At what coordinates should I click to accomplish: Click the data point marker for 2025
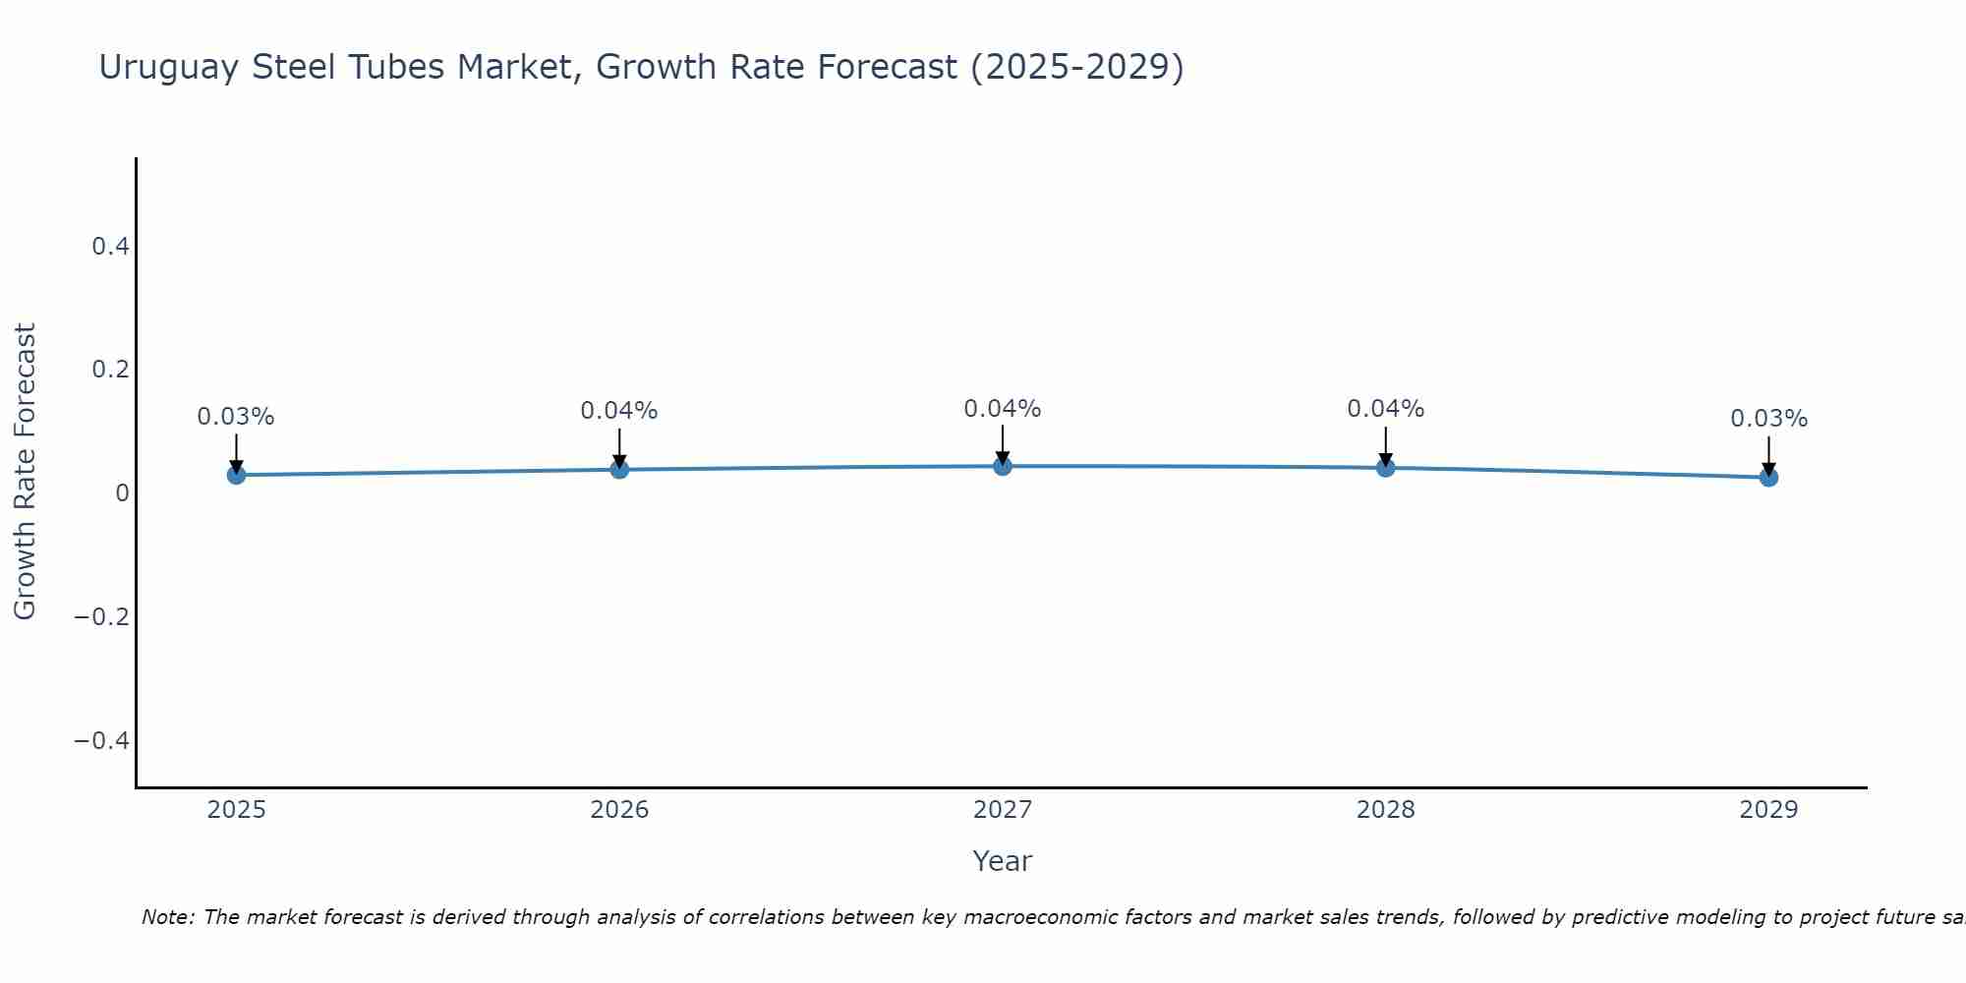pyautogui.click(x=236, y=475)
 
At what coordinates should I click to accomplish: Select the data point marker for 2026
pyautogui.click(x=619, y=469)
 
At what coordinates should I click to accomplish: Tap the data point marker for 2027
pyautogui.click(x=1003, y=466)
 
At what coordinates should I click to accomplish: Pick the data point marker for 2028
pyautogui.click(x=1385, y=467)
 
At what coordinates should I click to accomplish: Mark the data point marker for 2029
pyautogui.click(x=1768, y=477)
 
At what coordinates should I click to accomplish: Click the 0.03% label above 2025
pyautogui.click(x=236, y=417)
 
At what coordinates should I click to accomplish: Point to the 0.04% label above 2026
pyautogui.click(x=619, y=411)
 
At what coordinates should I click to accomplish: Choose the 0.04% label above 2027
pyautogui.click(x=1003, y=409)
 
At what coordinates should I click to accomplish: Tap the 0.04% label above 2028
pyautogui.click(x=1385, y=409)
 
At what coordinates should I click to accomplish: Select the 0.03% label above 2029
pyautogui.click(x=1768, y=419)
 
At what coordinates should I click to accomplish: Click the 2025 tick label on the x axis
pyautogui.click(x=237, y=810)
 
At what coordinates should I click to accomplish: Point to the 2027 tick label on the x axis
pyautogui.click(x=1003, y=810)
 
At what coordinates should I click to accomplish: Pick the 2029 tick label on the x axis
pyautogui.click(x=1768, y=810)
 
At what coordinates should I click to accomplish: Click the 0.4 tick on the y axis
pyautogui.click(x=111, y=247)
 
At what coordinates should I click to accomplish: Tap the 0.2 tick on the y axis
pyautogui.click(x=111, y=370)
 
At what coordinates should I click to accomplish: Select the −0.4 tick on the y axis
pyautogui.click(x=102, y=740)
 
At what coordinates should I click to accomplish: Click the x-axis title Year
pyautogui.click(x=1003, y=861)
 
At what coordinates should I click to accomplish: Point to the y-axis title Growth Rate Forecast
pyautogui.click(x=25, y=472)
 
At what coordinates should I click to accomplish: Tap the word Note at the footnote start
pyautogui.click(x=168, y=917)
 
